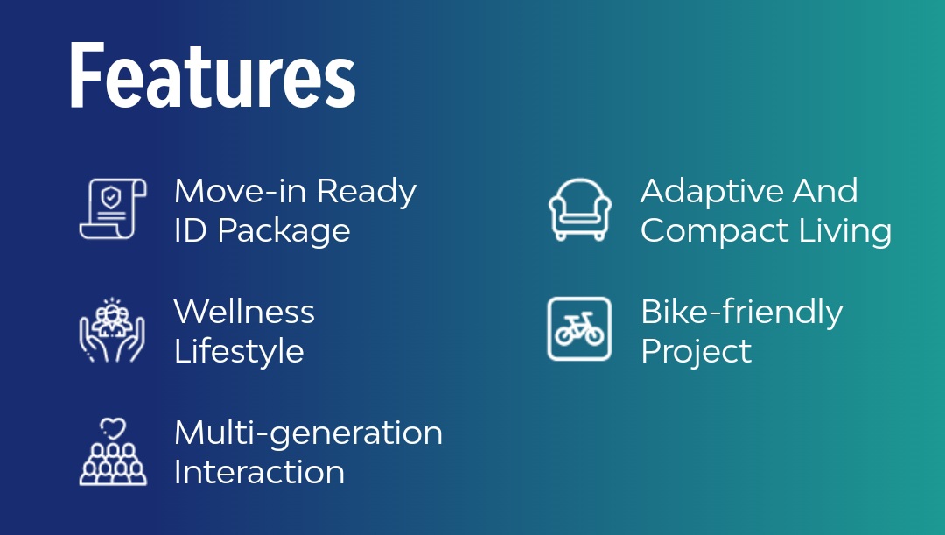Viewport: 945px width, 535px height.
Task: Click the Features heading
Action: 213,75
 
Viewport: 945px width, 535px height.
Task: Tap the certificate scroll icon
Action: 113,208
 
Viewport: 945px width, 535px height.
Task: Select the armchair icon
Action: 580,209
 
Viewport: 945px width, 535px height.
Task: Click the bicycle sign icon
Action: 579,328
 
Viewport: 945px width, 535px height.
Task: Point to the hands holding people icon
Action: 112,330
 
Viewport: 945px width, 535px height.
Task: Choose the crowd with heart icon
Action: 113,452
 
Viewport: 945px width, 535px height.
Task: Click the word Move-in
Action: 241,191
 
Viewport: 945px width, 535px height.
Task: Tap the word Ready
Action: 367,193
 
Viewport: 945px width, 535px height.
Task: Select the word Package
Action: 283,232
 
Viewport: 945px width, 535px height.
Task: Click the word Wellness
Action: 244,312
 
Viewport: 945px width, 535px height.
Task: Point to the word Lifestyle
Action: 239,352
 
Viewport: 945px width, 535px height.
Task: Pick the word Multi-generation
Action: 309,434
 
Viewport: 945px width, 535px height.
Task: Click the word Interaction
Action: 259,472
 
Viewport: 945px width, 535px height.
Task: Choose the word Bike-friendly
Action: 742,313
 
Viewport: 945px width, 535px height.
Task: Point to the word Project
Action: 696,352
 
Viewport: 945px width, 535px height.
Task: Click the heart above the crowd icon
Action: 113,429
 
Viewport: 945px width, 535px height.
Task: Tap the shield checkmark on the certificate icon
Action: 111,197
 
